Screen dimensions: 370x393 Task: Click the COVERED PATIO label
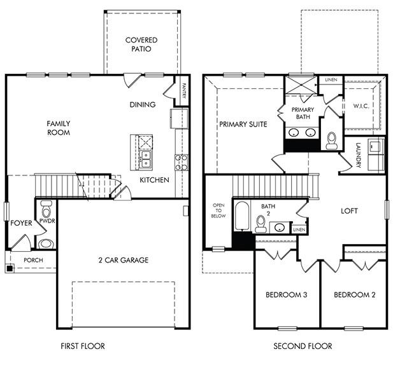click(141, 45)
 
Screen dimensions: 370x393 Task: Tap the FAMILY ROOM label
click(58, 128)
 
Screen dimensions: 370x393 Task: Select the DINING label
click(143, 105)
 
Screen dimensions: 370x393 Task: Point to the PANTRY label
click(183, 88)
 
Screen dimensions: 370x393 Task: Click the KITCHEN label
click(155, 180)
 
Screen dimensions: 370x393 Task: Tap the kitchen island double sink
click(146, 158)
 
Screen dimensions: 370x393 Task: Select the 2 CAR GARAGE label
click(123, 260)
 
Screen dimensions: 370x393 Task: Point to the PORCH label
click(33, 261)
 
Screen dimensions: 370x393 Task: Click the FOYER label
click(21, 223)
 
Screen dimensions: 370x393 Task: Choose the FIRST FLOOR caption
click(83, 346)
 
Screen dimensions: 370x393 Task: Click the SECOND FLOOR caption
click(303, 346)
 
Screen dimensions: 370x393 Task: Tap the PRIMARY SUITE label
click(243, 124)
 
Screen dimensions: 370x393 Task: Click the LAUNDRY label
click(359, 156)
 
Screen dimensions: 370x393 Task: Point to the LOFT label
click(350, 211)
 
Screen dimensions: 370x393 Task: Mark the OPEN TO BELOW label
click(218, 211)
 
